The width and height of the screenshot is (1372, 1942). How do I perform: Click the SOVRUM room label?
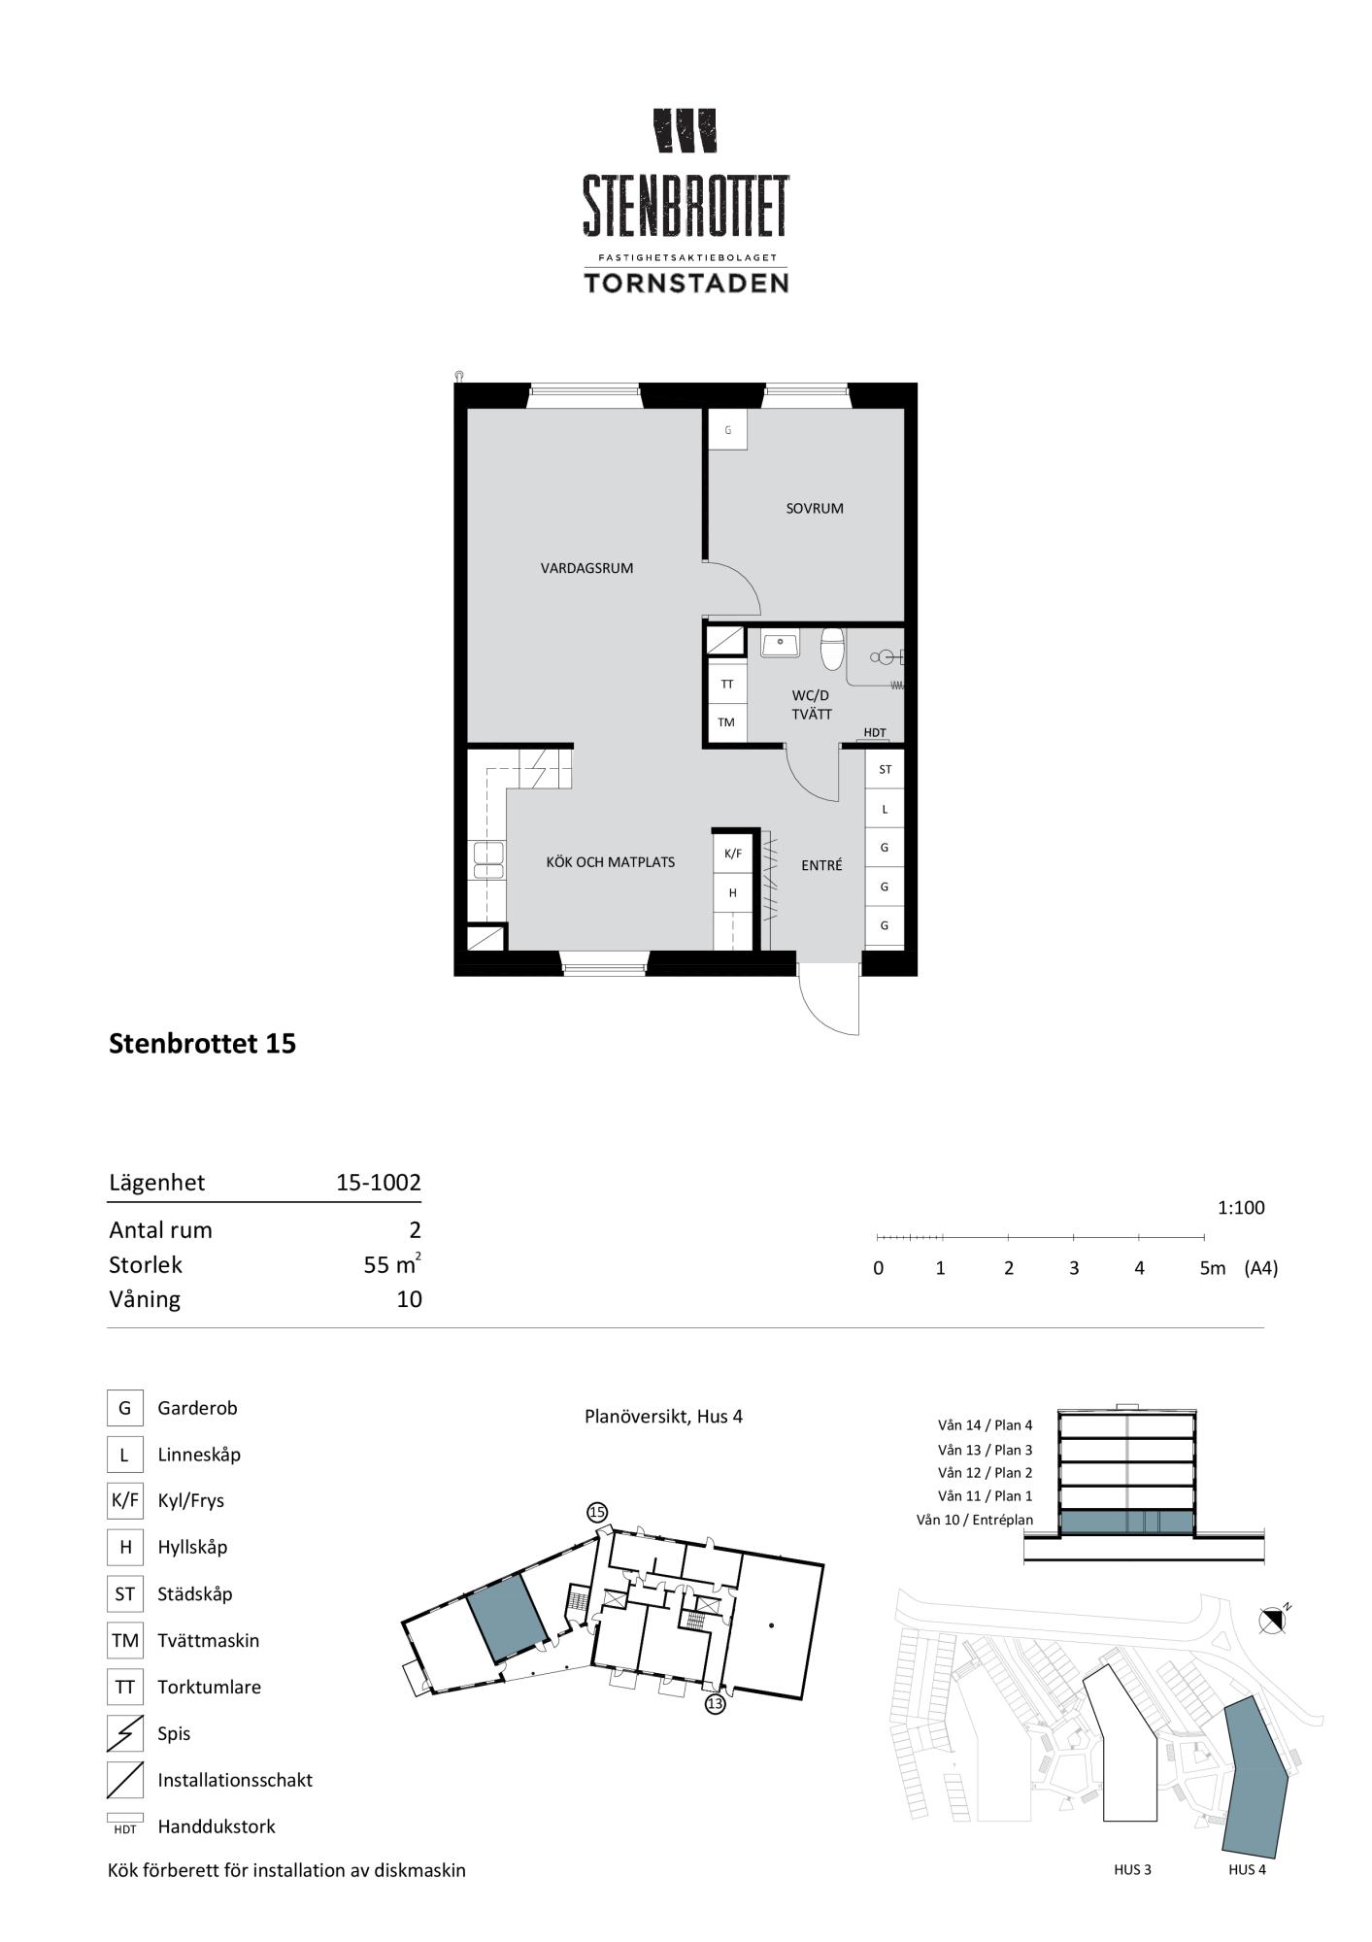click(x=814, y=508)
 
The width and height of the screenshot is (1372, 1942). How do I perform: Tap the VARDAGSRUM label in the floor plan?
click(x=586, y=568)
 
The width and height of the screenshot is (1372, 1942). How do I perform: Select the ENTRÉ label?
click(x=821, y=865)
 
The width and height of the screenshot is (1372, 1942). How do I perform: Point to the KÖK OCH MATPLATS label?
click(x=610, y=861)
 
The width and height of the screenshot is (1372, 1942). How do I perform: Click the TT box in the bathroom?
click(x=726, y=684)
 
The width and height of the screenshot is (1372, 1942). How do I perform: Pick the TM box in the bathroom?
click(x=726, y=722)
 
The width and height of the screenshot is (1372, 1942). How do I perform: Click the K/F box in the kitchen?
click(x=732, y=854)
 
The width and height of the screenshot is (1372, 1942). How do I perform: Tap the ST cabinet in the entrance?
click(x=885, y=769)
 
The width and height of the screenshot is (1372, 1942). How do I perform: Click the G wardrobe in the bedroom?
click(x=727, y=429)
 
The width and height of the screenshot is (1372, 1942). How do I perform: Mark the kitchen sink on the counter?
click(x=487, y=858)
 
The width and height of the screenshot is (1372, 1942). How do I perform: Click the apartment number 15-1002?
click(x=379, y=1182)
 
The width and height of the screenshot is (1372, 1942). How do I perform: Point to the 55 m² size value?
click(x=392, y=1264)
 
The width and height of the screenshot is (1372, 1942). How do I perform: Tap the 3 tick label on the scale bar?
click(x=1074, y=1268)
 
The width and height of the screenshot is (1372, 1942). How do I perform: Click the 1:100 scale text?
click(x=1241, y=1208)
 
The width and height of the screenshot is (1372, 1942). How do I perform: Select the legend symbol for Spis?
click(x=124, y=1733)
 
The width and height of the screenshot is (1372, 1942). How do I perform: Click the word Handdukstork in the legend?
click(x=217, y=1826)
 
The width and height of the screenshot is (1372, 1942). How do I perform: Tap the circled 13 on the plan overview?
click(x=715, y=1703)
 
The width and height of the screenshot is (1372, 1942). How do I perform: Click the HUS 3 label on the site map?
click(x=1132, y=1869)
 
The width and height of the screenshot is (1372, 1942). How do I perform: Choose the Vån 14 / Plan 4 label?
click(x=985, y=1425)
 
